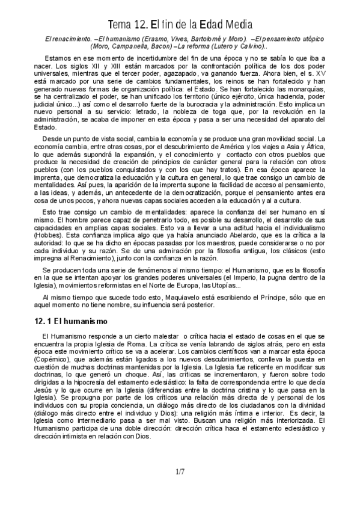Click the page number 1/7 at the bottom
tap(180, 473)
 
